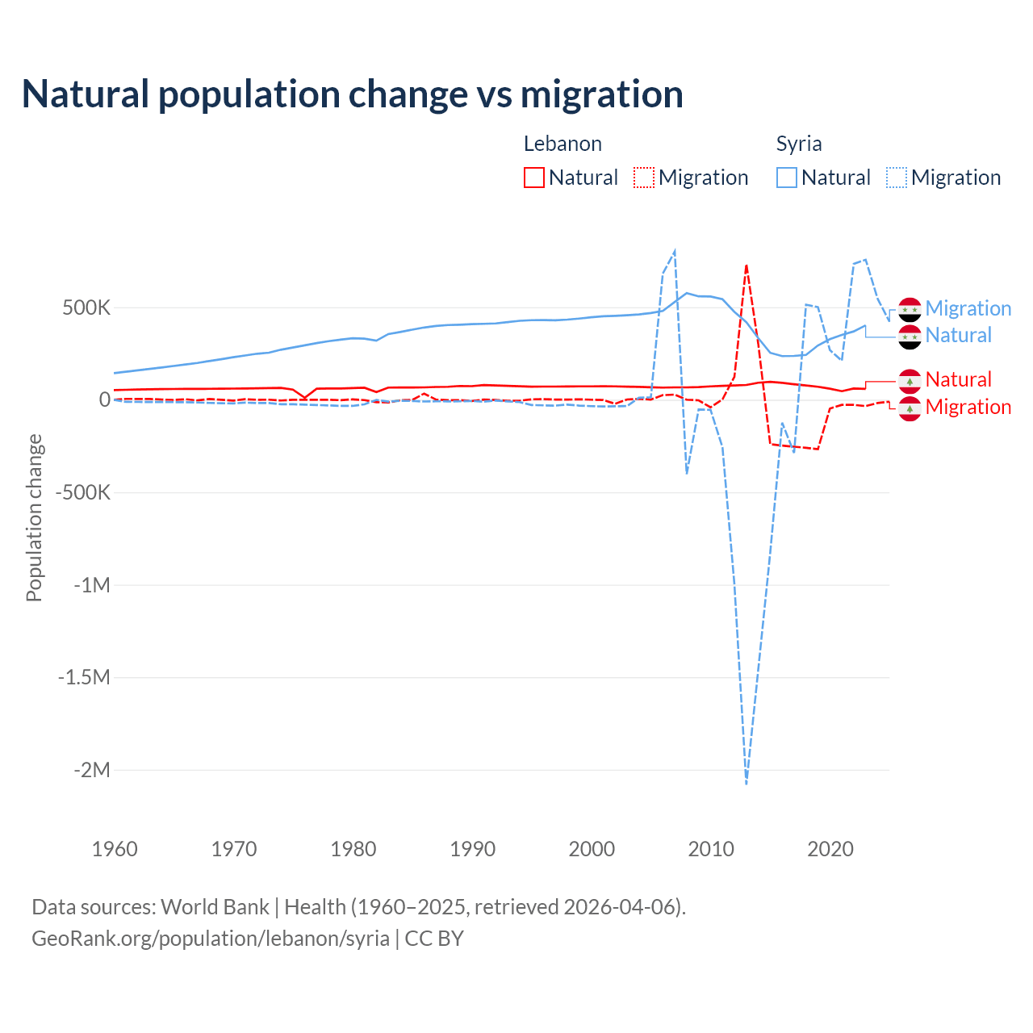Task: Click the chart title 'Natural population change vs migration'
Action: pos(353,94)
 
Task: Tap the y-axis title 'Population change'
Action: pos(34,517)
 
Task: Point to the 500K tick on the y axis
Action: pos(86,308)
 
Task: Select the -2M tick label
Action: pos(91,770)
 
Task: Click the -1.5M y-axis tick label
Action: pos(84,677)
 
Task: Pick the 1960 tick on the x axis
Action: pos(115,849)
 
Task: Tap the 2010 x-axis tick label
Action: pos(711,849)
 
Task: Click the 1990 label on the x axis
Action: pos(473,849)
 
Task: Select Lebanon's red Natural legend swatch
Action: pos(534,178)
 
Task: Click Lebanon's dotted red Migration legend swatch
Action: pos(644,178)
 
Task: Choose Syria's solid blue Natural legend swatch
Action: pos(787,178)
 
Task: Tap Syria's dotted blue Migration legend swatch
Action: pos(897,178)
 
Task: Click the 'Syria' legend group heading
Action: pos(799,144)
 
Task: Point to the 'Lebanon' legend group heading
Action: pos(563,144)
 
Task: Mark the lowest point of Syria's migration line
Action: pos(747,783)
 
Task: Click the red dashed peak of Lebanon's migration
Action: pos(747,265)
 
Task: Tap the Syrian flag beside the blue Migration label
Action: pos(910,309)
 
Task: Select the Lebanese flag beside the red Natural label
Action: pos(910,380)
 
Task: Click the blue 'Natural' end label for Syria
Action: pos(958,336)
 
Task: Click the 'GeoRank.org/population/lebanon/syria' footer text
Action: pos(211,939)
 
